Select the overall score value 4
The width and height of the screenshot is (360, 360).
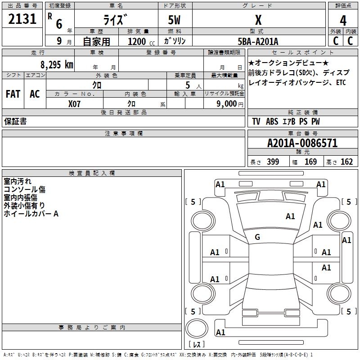(x=343, y=20)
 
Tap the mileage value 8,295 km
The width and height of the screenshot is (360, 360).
(x=56, y=64)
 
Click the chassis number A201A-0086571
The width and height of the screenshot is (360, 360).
(x=302, y=143)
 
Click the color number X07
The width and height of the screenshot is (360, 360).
(x=75, y=103)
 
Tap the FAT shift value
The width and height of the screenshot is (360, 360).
(x=13, y=94)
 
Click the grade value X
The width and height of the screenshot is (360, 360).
(x=258, y=20)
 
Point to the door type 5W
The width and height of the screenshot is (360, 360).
(x=175, y=20)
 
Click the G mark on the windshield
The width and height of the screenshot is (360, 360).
(x=257, y=237)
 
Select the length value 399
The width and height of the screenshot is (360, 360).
(x=273, y=162)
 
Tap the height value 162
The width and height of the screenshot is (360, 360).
(x=346, y=162)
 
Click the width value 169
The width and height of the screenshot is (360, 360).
(x=310, y=162)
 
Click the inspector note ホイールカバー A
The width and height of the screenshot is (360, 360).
(x=31, y=214)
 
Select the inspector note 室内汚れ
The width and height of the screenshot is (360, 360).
(x=18, y=181)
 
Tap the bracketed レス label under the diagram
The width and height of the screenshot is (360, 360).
(x=197, y=345)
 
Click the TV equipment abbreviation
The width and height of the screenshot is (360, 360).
(x=256, y=121)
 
